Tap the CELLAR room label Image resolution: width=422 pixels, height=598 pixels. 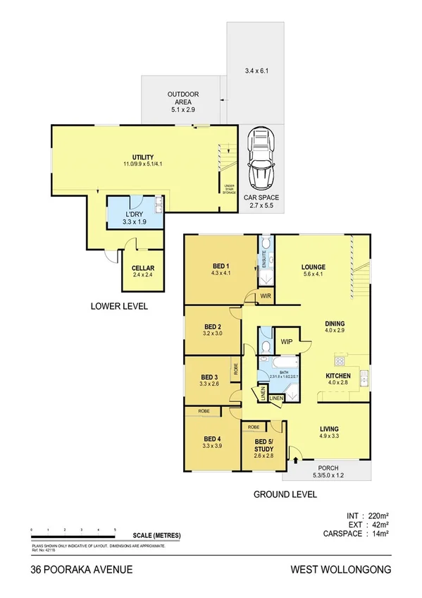[x=143, y=269]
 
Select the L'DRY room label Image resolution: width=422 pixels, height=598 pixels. [x=135, y=214]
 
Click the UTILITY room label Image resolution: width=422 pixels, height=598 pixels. [x=143, y=157]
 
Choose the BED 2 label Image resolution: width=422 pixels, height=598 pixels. [x=213, y=327]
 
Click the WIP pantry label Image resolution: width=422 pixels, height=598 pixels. [x=287, y=341]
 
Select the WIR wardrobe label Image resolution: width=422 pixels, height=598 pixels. [x=267, y=296]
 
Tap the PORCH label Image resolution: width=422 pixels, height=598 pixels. [x=329, y=468]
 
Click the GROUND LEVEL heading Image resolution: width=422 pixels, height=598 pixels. [x=285, y=495]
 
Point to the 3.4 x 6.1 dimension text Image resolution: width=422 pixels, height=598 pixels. [x=256, y=71]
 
